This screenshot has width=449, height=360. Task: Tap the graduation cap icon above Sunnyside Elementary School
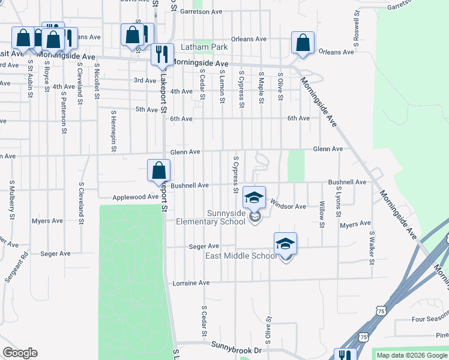click(x=254, y=197)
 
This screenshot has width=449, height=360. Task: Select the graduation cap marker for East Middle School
click(x=285, y=243)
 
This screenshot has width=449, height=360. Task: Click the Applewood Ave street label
click(x=136, y=197)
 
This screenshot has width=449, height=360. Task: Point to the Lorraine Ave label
click(x=191, y=283)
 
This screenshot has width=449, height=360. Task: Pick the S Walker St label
click(x=372, y=247)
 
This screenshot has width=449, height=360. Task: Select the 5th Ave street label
click(x=146, y=109)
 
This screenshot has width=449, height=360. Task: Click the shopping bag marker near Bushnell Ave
click(x=159, y=170)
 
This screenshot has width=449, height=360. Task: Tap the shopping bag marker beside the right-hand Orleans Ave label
click(x=303, y=43)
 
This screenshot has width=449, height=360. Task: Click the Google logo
click(x=20, y=353)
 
